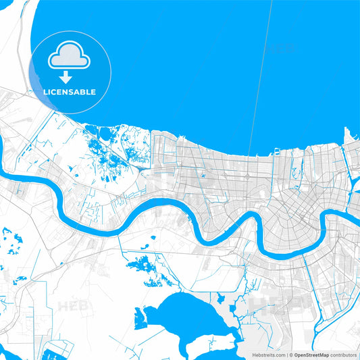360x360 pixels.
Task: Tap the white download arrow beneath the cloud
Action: coord(66,76)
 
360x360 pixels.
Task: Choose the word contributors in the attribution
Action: coord(343,355)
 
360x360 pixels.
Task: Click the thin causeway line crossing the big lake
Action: coord(260,81)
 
